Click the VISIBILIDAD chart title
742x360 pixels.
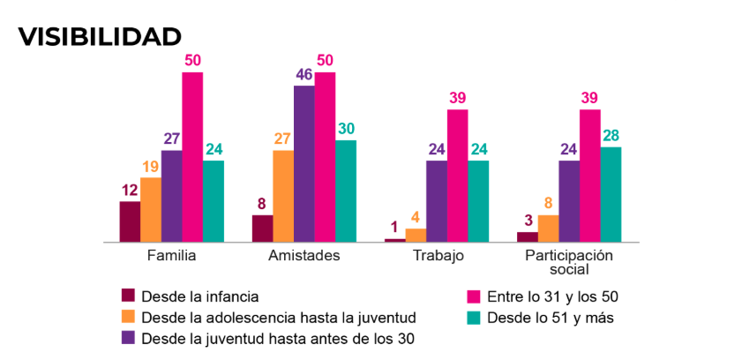click(x=100, y=36)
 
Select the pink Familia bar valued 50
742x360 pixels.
click(x=192, y=156)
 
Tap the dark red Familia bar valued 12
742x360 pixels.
click(x=130, y=221)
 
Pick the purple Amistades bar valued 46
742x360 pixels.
click(x=304, y=163)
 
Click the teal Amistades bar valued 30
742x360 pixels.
click(x=346, y=191)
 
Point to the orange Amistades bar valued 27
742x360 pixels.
click(x=283, y=196)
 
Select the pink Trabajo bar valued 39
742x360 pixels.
click(x=457, y=176)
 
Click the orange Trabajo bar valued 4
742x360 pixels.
click(x=416, y=235)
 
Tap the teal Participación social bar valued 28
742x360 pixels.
click(x=611, y=194)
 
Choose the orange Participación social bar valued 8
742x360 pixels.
click(x=548, y=229)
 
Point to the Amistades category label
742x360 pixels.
click(x=304, y=256)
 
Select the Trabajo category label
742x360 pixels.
click(x=438, y=256)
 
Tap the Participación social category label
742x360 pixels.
click(x=569, y=262)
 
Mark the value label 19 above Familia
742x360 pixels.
click(x=151, y=166)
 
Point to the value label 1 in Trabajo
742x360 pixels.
click(x=394, y=228)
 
